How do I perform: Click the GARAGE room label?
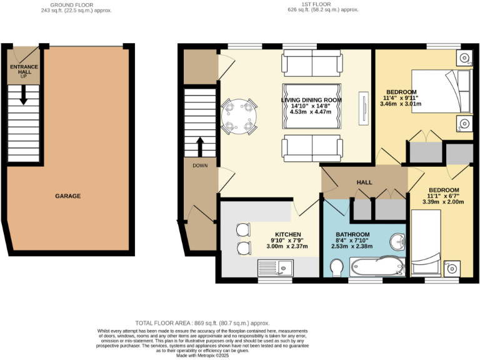point(67,196)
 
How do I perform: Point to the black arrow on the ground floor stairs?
point(23,96)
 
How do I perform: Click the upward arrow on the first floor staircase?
point(201,147)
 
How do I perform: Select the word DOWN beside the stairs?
point(200,166)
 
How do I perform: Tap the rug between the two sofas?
point(312,110)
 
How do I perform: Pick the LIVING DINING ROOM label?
point(311,99)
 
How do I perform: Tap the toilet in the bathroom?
point(336,268)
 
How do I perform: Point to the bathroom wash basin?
point(396,241)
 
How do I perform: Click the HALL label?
point(364,182)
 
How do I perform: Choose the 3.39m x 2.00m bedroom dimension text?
point(444,202)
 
